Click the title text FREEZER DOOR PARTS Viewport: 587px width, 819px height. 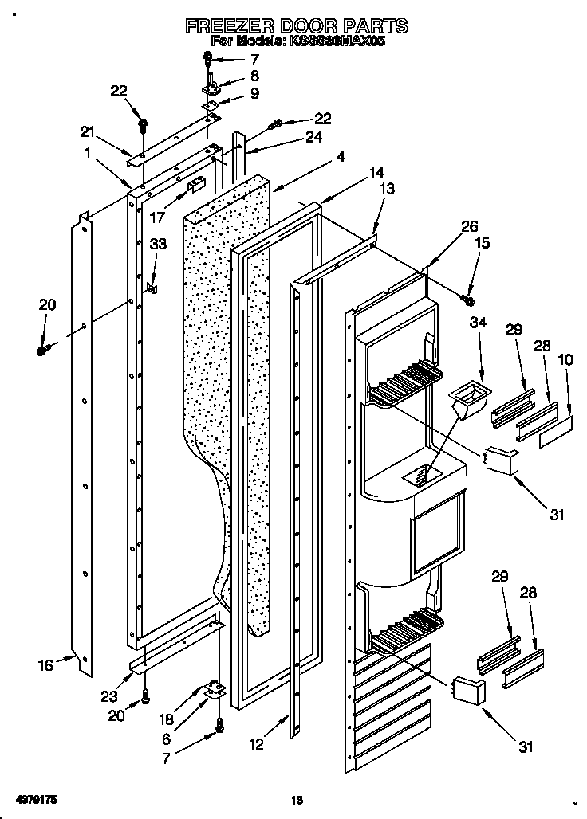(x=297, y=26)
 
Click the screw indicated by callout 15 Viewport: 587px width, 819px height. (x=468, y=300)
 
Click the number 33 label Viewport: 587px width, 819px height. (x=158, y=245)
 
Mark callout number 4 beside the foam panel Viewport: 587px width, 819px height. (x=341, y=158)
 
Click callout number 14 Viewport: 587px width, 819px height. (x=376, y=171)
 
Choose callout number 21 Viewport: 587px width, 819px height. (x=87, y=131)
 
